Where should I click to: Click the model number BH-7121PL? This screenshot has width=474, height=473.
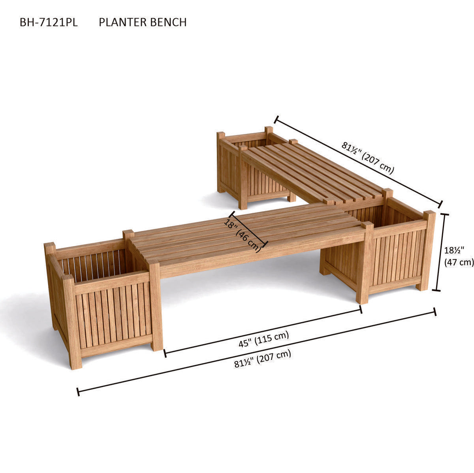click(49, 22)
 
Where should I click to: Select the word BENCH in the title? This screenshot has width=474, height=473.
click(168, 22)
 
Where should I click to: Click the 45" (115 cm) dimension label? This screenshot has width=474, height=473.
click(264, 340)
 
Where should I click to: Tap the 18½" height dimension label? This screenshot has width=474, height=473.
click(454, 250)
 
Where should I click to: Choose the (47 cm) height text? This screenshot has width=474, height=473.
click(459, 263)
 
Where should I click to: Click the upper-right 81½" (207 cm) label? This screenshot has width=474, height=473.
click(368, 158)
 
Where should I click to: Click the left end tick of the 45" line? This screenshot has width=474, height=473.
click(165, 353)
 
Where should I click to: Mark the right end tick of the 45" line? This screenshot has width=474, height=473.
click(361, 309)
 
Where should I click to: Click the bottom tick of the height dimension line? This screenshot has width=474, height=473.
click(436, 291)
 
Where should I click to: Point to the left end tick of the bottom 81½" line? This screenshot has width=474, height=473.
click(78, 392)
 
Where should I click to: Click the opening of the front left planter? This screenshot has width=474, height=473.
click(96, 263)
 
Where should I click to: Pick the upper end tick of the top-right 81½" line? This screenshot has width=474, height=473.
click(276, 120)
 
